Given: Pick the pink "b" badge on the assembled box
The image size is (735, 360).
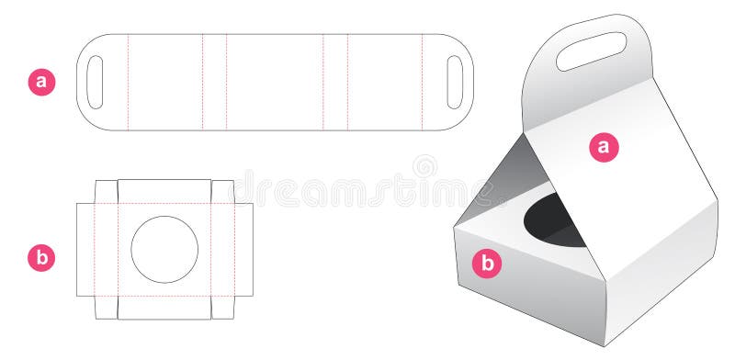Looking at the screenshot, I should [489, 264].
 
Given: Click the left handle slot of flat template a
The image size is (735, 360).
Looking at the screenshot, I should [95, 82].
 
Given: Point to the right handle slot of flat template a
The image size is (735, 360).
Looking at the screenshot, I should [454, 82].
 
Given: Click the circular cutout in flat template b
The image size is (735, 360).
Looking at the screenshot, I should [164, 249].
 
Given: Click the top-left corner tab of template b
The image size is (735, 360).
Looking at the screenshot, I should [107, 191].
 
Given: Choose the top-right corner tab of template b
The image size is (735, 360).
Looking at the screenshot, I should [222, 191].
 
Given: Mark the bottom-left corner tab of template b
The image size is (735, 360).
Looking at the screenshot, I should [107, 308].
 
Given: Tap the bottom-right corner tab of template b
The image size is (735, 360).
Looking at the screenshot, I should [222, 308].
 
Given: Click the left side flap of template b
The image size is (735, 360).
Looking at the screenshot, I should [85, 249].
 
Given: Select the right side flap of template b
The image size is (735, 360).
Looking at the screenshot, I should [243, 249].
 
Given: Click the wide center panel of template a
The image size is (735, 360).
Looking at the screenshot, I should [275, 82].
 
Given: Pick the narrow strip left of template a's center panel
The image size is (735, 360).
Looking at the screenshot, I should [214, 82].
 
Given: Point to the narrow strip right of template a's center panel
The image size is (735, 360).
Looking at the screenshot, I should [335, 82].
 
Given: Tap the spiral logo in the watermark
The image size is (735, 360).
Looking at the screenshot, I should [424, 166].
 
